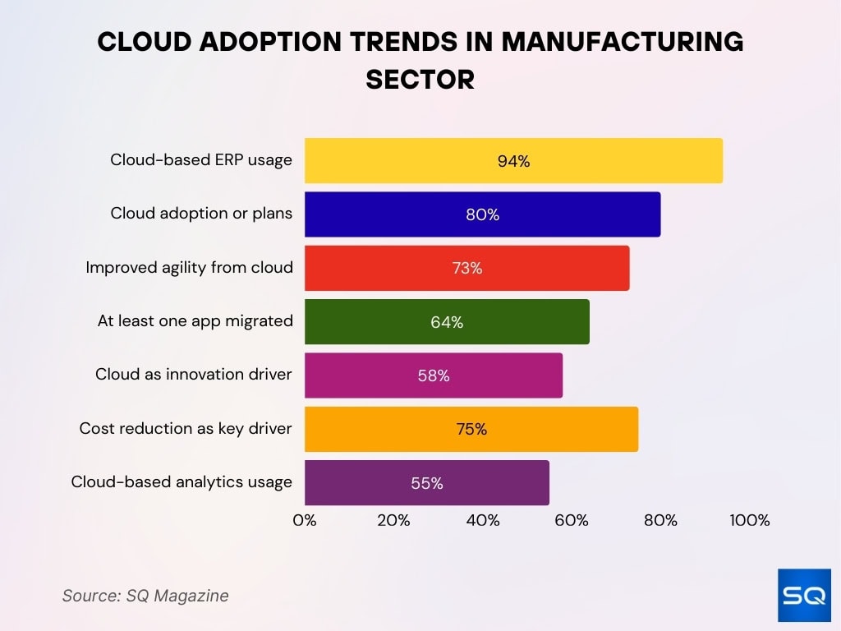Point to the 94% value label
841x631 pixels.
tap(513, 161)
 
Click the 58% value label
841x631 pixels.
tap(433, 375)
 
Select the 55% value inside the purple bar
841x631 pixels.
tap(426, 483)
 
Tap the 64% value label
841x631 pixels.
tap(447, 322)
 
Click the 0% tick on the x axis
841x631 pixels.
tap(305, 520)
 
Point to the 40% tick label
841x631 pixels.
tap(482, 520)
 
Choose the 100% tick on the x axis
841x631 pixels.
tap(750, 520)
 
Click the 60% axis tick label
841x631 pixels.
tap(572, 520)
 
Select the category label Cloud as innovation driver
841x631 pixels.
tap(194, 375)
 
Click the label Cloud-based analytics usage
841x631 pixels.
tap(182, 482)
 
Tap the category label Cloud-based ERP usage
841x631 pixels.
tap(201, 160)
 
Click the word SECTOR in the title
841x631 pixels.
tap(420, 79)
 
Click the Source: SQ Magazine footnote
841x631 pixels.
tap(145, 596)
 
